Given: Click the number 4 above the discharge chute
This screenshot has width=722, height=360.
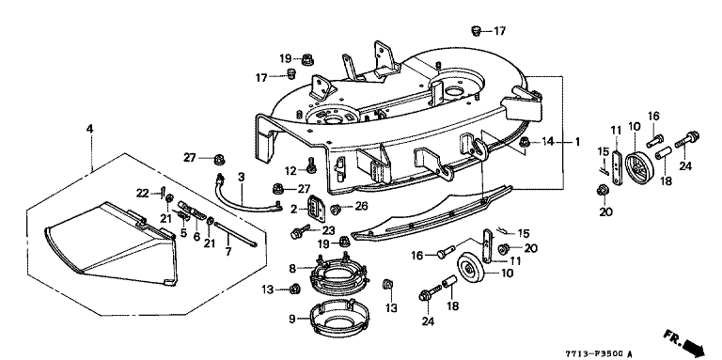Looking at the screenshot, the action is [90, 130].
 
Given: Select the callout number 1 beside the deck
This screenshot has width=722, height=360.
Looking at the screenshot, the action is [577, 142].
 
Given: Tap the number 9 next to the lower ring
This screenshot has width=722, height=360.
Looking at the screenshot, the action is [292, 319].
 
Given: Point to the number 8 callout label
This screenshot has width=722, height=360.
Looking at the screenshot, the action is [292, 268].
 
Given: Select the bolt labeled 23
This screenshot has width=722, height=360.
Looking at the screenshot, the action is [297, 233].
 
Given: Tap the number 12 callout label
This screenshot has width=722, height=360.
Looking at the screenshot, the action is [290, 171].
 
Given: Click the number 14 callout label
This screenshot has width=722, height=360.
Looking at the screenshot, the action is [547, 142].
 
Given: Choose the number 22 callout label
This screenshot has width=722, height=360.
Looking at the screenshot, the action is [143, 194].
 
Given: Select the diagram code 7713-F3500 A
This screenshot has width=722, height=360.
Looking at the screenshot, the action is [599, 354].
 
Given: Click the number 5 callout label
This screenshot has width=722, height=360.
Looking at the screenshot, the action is [183, 234].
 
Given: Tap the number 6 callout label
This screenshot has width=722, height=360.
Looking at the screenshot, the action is [196, 238].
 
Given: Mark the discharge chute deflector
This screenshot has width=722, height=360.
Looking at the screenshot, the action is [111, 243].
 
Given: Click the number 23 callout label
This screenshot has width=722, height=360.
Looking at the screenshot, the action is [329, 230].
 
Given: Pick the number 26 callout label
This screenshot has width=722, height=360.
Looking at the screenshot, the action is [361, 206].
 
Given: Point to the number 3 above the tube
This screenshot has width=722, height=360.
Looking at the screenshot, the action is [241, 178].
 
